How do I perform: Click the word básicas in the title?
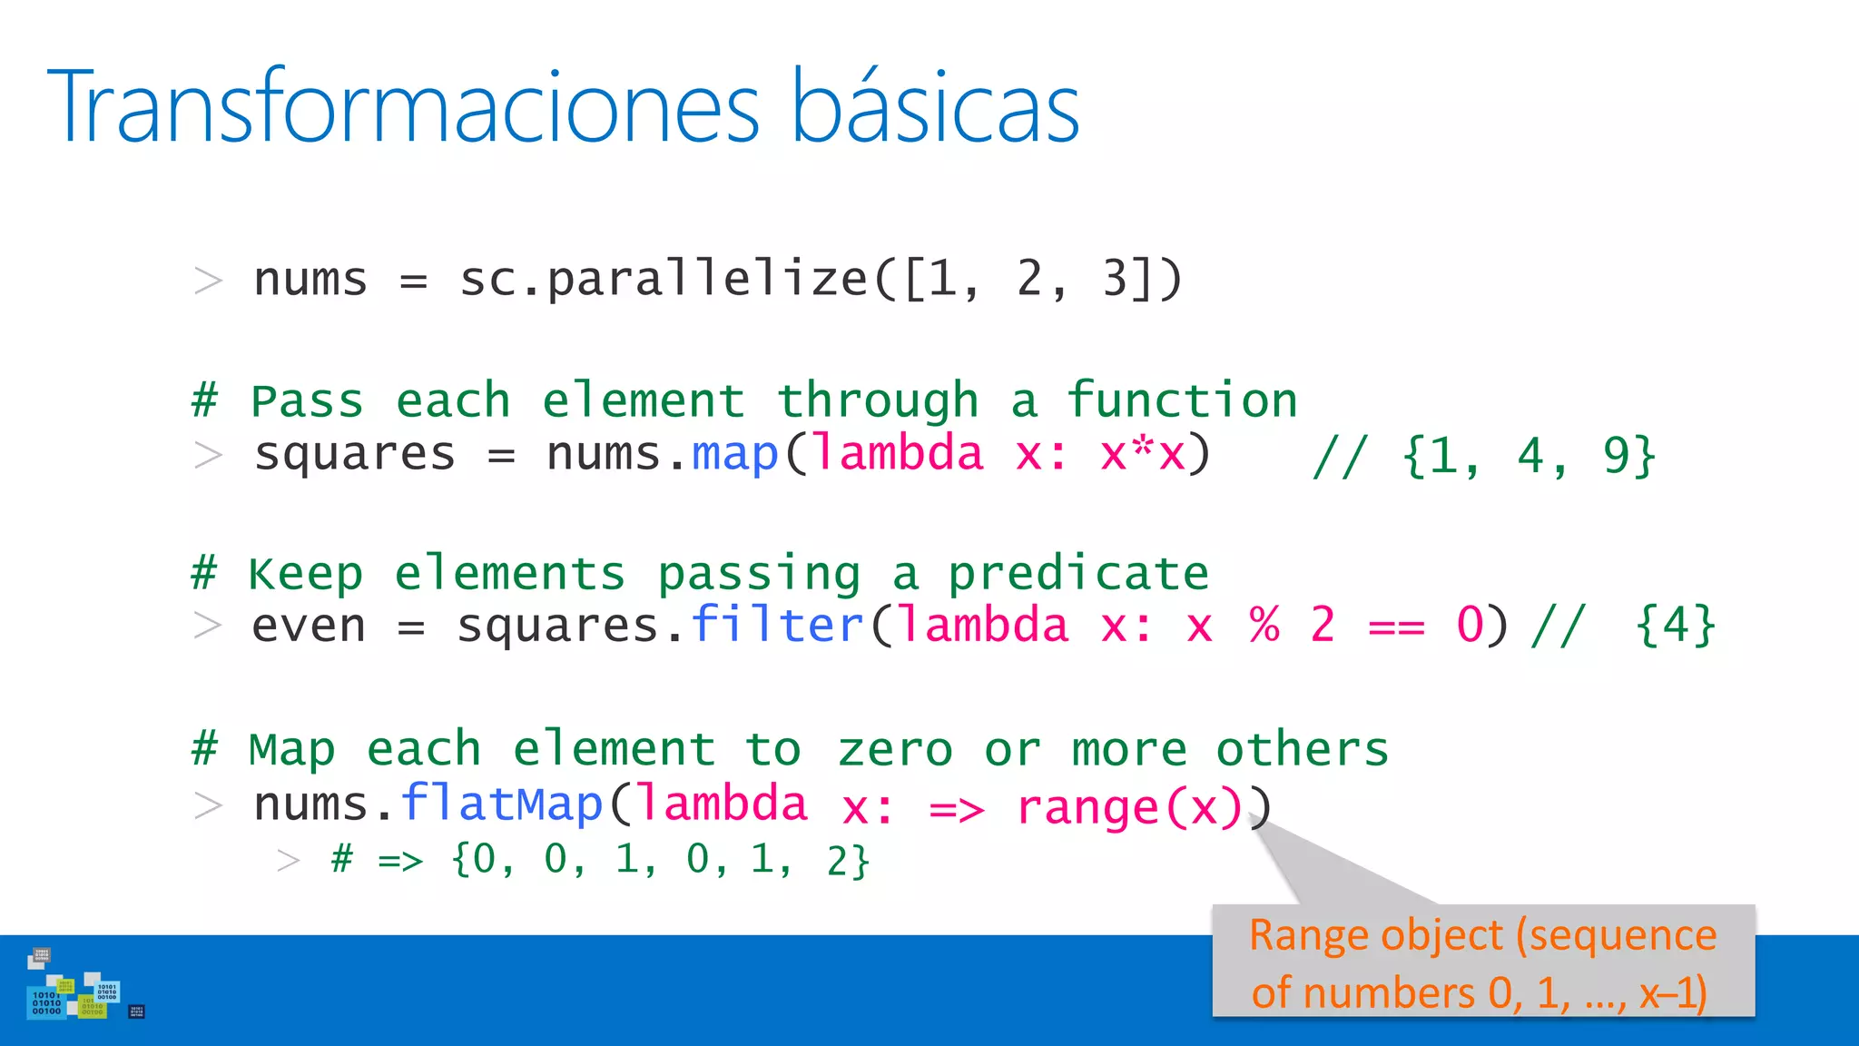[x=935, y=107]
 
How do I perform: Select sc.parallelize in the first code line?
[x=663, y=280]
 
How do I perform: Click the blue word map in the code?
[x=734, y=454]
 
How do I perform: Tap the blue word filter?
[x=777, y=627]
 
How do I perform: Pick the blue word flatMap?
[x=502, y=804]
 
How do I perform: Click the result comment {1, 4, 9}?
[x=1529, y=456]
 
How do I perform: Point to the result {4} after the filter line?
[x=1675, y=627]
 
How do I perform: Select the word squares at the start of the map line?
[x=354, y=454]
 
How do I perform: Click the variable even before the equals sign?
[x=309, y=627]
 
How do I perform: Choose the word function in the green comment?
[x=1182, y=401]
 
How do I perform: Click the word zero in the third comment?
[x=894, y=751]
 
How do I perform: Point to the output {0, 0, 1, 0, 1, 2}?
[x=660, y=859]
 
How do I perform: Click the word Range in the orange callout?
[x=1295, y=935]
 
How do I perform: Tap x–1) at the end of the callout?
[x=1673, y=993]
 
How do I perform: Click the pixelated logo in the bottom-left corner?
[x=76, y=988]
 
